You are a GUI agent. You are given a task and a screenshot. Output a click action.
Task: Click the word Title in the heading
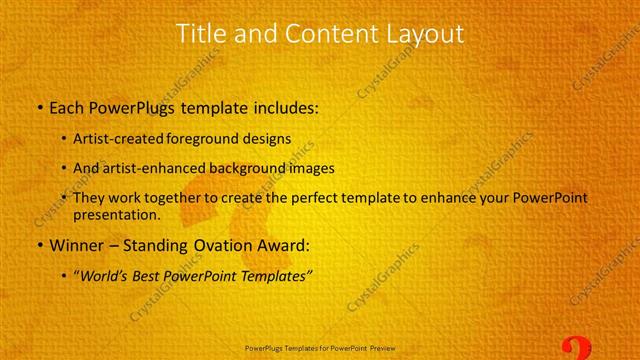(x=200, y=33)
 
